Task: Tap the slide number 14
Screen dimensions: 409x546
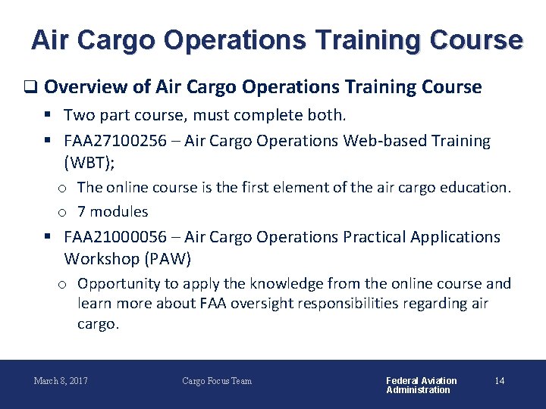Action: [499, 381]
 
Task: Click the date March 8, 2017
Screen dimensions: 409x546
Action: [61, 381]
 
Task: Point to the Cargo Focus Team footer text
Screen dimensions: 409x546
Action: [217, 381]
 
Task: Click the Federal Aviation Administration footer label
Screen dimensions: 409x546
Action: [421, 385]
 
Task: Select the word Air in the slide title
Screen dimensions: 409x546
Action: [50, 39]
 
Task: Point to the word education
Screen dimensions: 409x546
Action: [479, 187]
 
